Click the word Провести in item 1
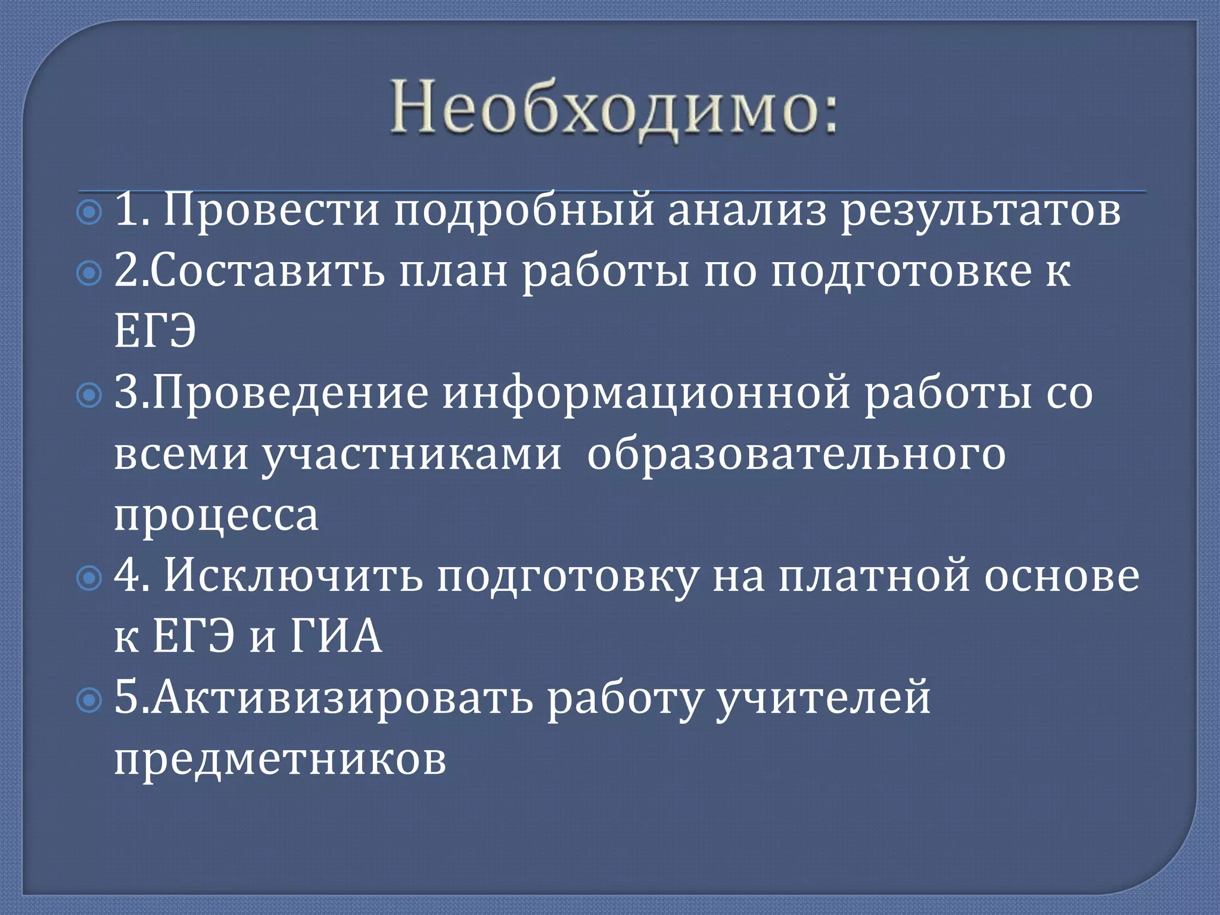(x=271, y=210)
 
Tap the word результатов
(x=981, y=210)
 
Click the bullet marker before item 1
(x=90, y=213)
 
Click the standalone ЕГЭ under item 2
(x=155, y=332)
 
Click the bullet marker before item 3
(x=90, y=396)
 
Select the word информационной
(x=646, y=393)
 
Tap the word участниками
(x=412, y=454)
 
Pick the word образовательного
(x=796, y=454)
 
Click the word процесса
(x=216, y=515)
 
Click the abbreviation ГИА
(x=336, y=637)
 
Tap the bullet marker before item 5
(x=90, y=701)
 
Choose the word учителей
(x=823, y=698)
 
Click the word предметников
(x=280, y=759)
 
